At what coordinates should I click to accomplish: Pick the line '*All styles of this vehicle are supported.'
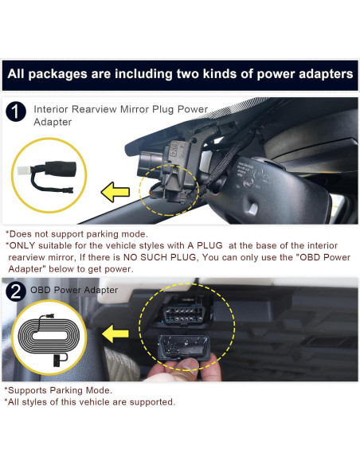pos(90,402)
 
